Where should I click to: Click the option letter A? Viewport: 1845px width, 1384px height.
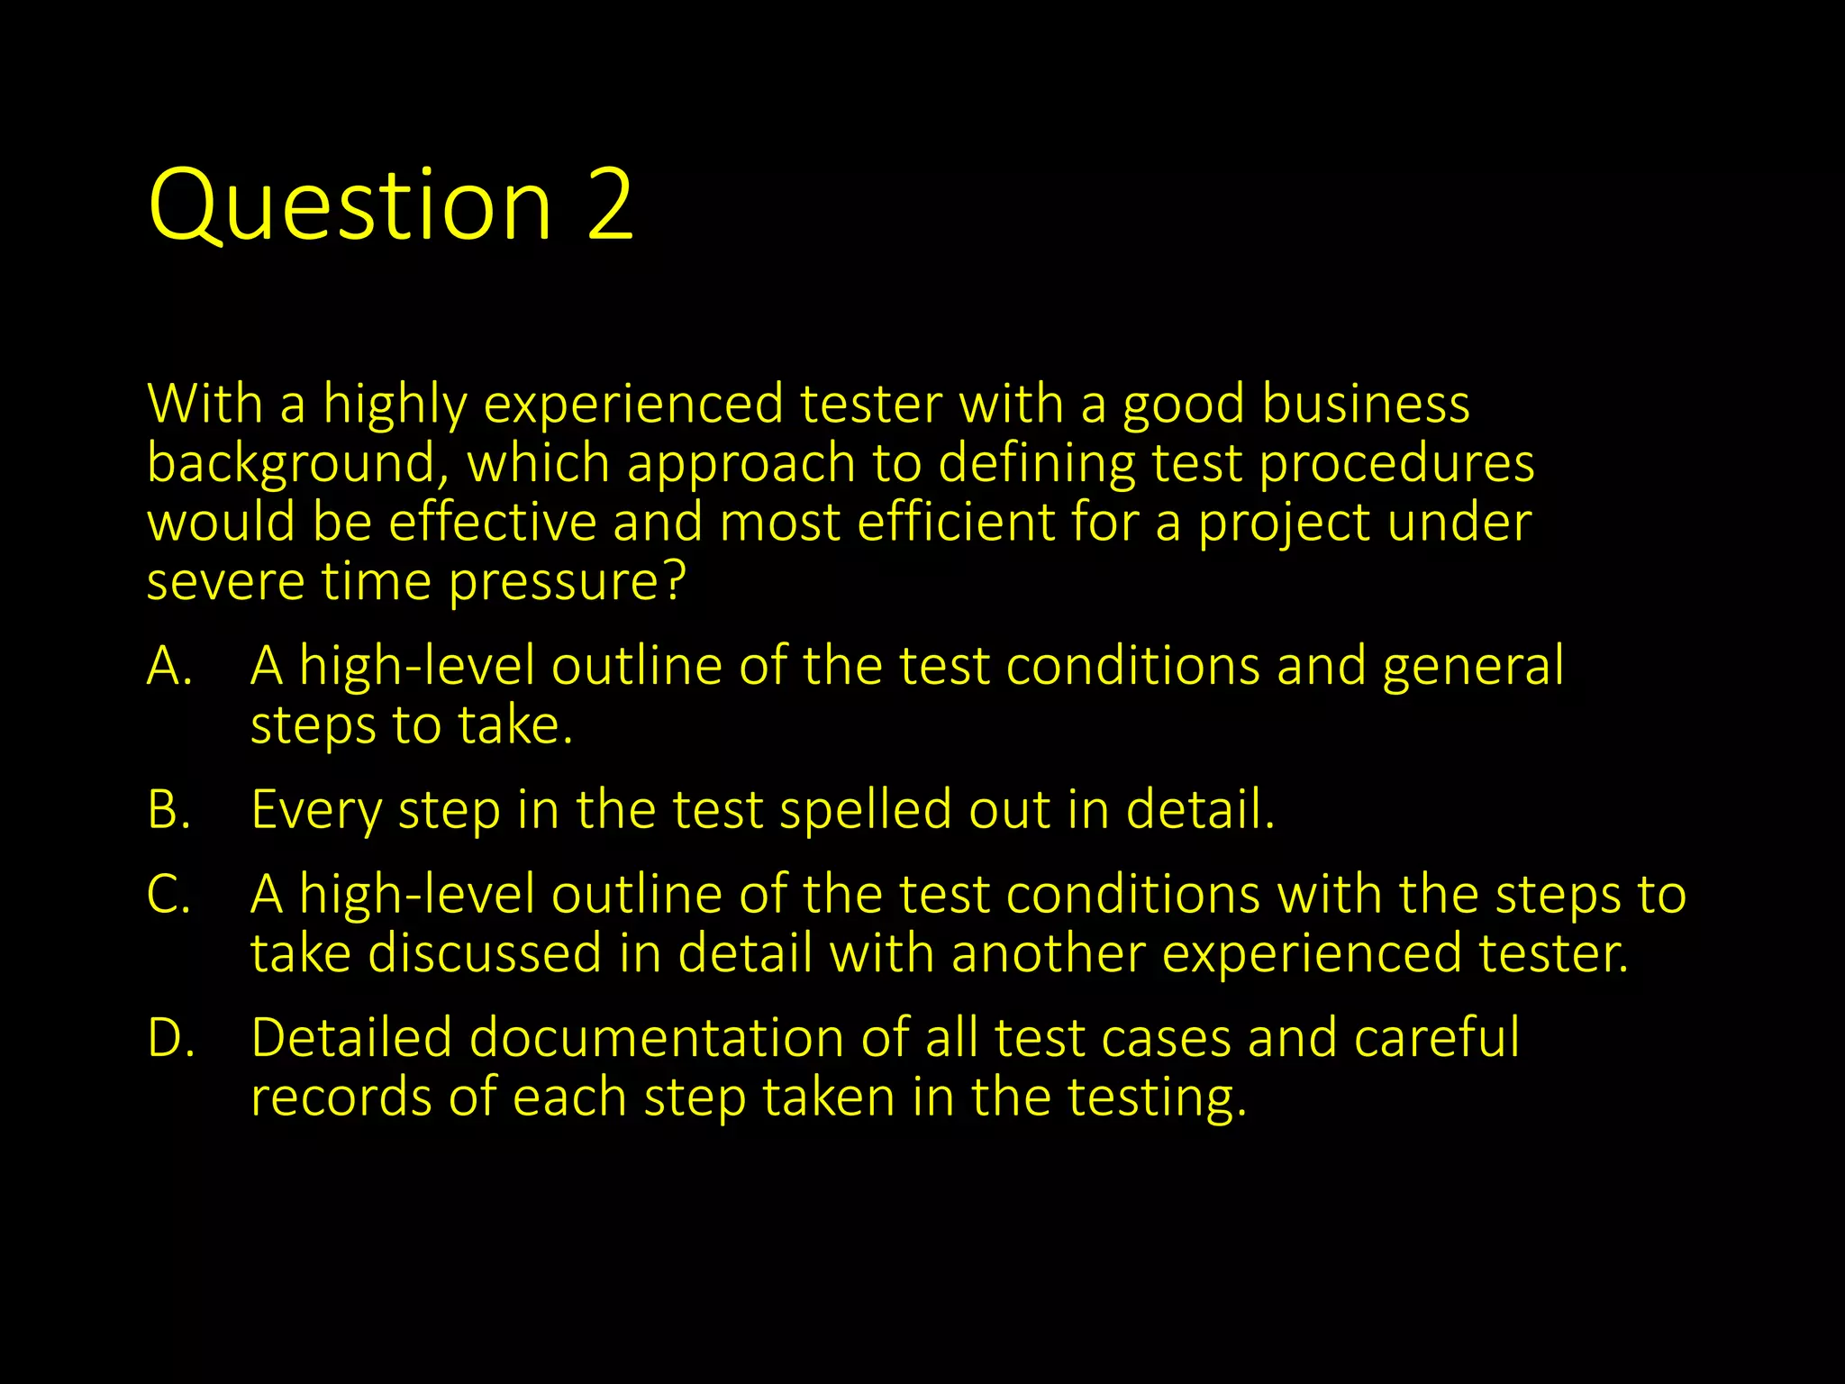coord(169,667)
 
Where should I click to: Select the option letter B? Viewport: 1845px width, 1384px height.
coord(169,809)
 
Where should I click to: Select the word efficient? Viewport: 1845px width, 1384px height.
coord(955,522)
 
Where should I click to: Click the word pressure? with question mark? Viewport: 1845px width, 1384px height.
coord(568,583)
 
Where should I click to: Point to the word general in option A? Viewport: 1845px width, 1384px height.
coord(1473,667)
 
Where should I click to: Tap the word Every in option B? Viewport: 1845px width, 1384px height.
coord(316,810)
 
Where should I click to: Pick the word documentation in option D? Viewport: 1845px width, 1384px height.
coord(656,1037)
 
